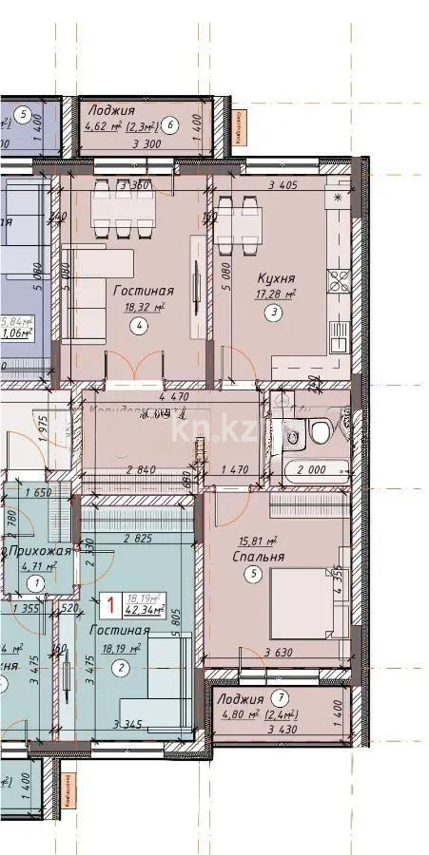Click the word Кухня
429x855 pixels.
pyautogui.click(x=276, y=278)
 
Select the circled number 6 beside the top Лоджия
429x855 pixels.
pyautogui.click(x=170, y=123)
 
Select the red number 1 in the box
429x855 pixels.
pyautogui.click(x=112, y=602)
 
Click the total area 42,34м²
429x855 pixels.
pyautogui.click(x=145, y=611)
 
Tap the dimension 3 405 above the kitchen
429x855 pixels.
pyautogui.click(x=285, y=186)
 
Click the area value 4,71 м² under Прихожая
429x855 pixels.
pyautogui.click(x=38, y=566)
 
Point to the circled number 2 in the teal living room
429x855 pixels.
pyautogui.click(x=120, y=668)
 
